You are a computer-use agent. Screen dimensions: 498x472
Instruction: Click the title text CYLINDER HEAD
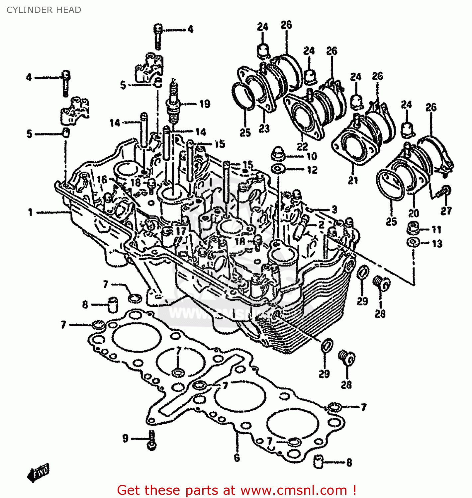pos(44,10)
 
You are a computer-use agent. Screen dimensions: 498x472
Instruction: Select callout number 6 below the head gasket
pos(236,458)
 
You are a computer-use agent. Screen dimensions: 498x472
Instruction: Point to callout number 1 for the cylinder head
pos(30,212)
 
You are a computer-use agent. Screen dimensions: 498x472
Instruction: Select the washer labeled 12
pos(278,169)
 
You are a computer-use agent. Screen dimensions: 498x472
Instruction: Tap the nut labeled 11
pos(413,229)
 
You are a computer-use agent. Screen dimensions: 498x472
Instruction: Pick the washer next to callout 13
pos(413,242)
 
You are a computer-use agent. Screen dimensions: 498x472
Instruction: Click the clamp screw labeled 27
pos(444,191)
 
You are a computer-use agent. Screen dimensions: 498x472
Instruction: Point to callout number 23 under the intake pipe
pos(264,128)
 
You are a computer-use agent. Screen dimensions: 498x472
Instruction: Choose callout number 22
pos(302,146)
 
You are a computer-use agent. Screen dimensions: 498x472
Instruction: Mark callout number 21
pos(353,180)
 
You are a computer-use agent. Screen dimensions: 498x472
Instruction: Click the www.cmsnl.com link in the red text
pos(294,490)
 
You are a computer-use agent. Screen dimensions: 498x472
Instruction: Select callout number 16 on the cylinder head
pos(102,180)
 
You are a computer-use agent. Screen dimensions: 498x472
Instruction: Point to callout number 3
pos(334,209)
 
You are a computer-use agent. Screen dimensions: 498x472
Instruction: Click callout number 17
pos(181,231)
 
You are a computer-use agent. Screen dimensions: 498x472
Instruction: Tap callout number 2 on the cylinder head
pos(321,224)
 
